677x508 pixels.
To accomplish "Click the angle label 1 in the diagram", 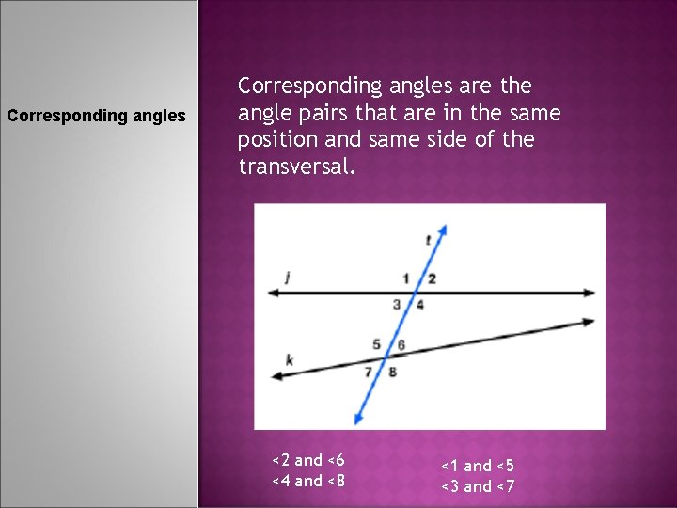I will [x=406, y=278].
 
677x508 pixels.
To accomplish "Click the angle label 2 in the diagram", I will [x=432, y=278].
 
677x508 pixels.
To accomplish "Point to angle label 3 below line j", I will [x=397, y=304].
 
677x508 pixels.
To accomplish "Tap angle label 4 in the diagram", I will [x=419, y=304].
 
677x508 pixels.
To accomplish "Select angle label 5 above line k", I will [x=376, y=344].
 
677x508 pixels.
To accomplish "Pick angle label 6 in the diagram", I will [x=401, y=344].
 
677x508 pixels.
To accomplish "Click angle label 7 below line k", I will [x=369, y=372].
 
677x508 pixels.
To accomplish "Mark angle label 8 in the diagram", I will [x=392, y=372].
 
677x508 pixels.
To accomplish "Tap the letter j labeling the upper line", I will [x=288, y=276].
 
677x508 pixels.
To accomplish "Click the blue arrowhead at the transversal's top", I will [x=443, y=229].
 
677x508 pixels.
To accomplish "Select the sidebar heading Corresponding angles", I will [x=97, y=117].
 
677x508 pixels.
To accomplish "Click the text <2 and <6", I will [x=308, y=460].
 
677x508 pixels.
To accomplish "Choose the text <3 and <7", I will [x=479, y=486].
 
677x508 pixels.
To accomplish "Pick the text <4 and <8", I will [x=308, y=481].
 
